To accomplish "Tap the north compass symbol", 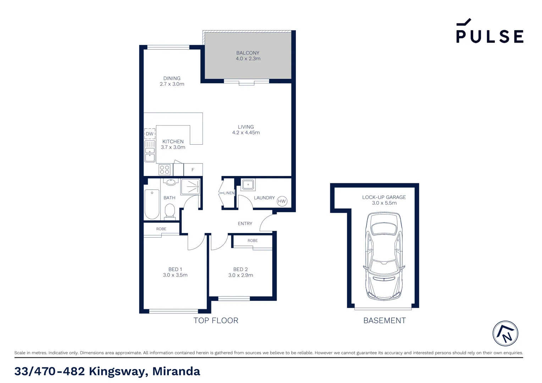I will [x=505, y=334].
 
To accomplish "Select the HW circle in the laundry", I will [x=282, y=201].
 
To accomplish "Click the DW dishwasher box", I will [x=150, y=134].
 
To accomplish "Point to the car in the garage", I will [x=384, y=256].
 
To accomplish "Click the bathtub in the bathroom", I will [x=152, y=204].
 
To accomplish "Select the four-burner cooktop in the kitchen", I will [x=164, y=170].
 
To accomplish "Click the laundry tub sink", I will [x=248, y=184].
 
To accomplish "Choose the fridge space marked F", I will [x=193, y=170].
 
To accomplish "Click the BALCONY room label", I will [x=248, y=53].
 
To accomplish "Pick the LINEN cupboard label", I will [x=229, y=193].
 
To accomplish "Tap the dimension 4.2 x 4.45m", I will [x=246, y=133].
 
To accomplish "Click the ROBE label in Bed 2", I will [x=253, y=240].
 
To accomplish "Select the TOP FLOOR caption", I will [x=216, y=321].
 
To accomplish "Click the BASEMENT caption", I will [x=385, y=321].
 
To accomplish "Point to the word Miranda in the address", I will [x=176, y=371].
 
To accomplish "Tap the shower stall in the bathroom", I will [x=190, y=187].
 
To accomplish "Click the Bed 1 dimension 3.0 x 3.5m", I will [x=175, y=275].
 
